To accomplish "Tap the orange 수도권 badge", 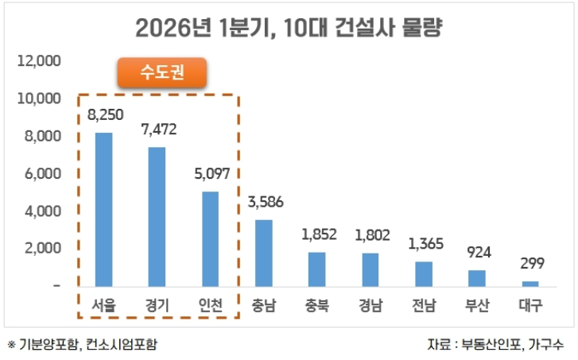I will click(x=162, y=73).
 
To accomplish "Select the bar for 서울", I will click(x=104, y=209).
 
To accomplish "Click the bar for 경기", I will click(x=157, y=216).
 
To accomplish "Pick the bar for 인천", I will click(x=211, y=238).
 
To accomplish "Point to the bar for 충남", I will click(x=264, y=253).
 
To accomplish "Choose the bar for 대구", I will click(x=530, y=283).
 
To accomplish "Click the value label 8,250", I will click(x=105, y=116).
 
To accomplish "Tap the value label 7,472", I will click(x=158, y=130).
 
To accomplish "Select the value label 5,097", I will click(x=211, y=174).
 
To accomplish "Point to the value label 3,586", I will click(x=265, y=203).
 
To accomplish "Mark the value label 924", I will click(x=478, y=253).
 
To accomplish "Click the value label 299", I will click(x=531, y=264).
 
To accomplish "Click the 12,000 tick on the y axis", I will click(x=39, y=60).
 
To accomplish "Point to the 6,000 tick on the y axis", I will click(x=41, y=173).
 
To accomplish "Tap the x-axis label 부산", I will click(x=477, y=304).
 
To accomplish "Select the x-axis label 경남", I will click(x=370, y=304).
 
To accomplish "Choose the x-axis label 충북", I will click(x=317, y=304).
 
